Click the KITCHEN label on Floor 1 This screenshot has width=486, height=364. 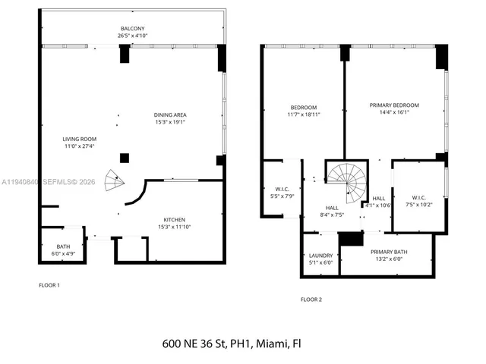click(175, 218)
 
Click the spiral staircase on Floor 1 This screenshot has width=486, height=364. click(114, 180)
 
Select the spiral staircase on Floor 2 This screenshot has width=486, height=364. click(346, 183)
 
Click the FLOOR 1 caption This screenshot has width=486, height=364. click(49, 285)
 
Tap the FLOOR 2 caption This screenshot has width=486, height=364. click(311, 300)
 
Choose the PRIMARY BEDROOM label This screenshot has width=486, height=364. click(394, 105)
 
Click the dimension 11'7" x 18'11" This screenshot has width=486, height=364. click(304, 115)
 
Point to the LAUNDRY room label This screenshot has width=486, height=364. click(320, 256)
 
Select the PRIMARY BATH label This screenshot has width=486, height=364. click(388, 252)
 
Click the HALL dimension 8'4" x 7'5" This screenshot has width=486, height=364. click(332, 215)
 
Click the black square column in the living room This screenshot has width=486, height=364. click(125, 158)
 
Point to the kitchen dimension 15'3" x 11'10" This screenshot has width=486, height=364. click(175, 226)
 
